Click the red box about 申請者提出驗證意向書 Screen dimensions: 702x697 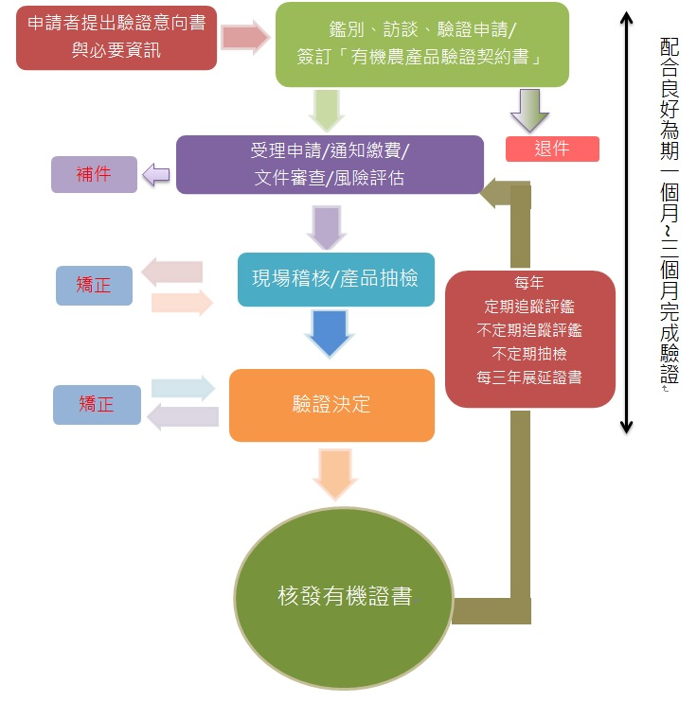[116, 37]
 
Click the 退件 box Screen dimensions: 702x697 [552, 149]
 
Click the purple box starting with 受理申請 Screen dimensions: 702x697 [330, 165]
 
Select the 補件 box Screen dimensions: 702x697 [94, 174]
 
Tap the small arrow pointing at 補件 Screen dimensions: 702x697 [155, 174]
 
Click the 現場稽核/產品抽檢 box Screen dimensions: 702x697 [335, 279]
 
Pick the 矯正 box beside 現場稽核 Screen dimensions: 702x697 [94, 285]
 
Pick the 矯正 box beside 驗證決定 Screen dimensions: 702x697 [97, 404]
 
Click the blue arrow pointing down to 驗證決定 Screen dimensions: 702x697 [327, 331]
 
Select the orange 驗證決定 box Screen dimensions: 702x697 [331, 405]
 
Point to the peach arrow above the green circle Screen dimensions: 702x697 [335, 473]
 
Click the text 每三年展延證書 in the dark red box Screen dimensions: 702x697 [529, 377]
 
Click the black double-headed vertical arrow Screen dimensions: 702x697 [625, 222]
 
